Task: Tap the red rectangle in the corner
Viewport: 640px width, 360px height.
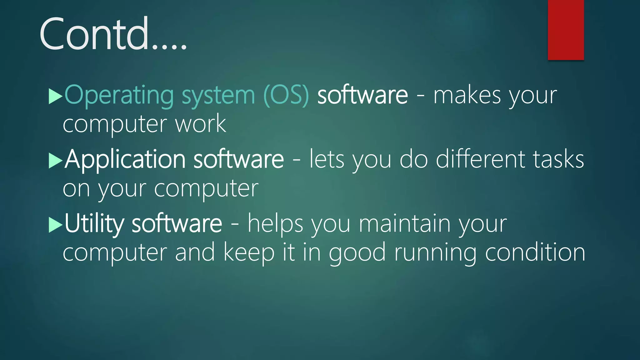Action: click(x=566, y=30)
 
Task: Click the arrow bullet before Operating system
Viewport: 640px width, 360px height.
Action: click(x=56, y=96)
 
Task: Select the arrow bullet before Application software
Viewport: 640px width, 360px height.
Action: click(x=56, y=161)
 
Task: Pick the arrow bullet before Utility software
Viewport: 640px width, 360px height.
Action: click(x=56, y=225)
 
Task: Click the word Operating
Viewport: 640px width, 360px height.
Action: click(x=119, y=95)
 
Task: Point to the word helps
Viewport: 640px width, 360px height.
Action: click(x=275, y=223)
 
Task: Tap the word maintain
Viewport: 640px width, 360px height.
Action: click(x=404, y=223)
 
